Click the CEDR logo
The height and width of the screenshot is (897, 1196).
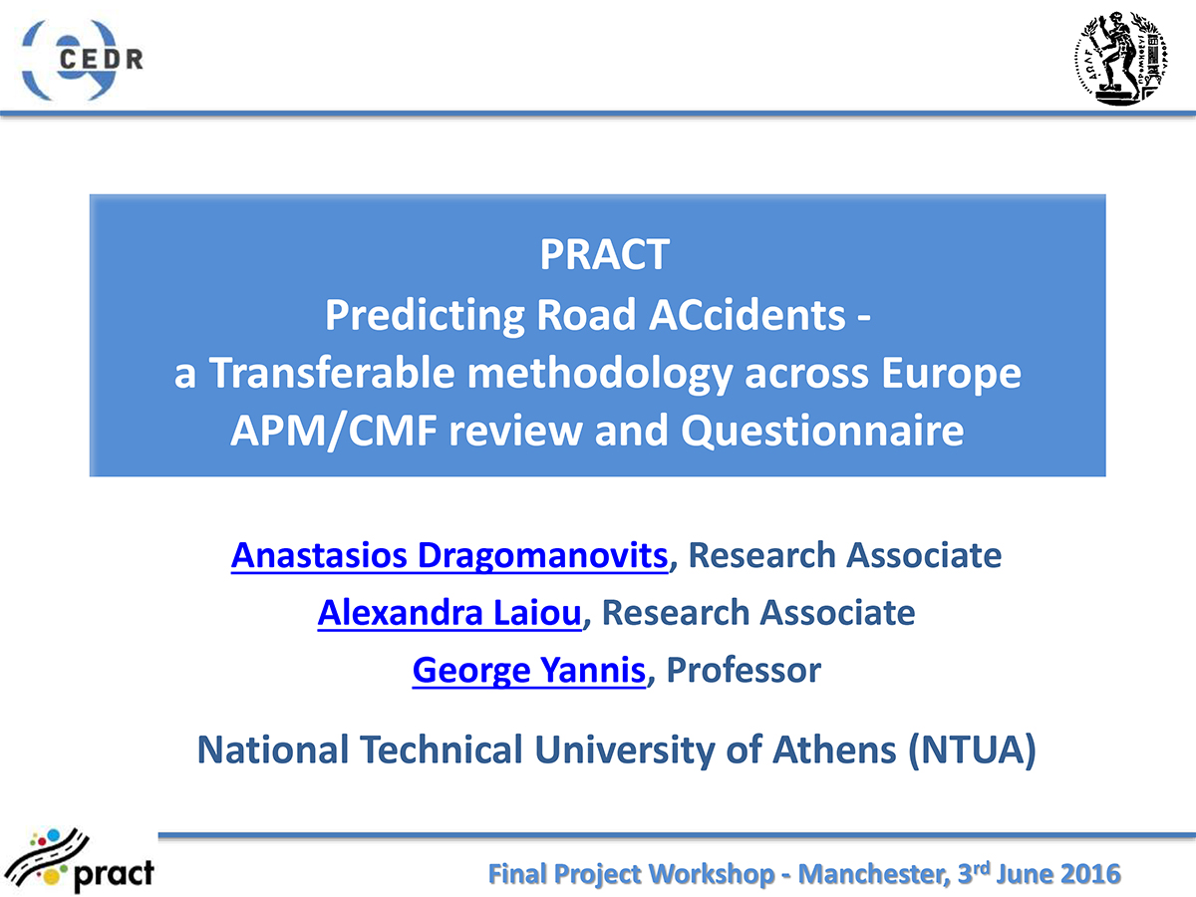pos(82,60)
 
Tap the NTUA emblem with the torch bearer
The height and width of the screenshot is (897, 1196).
pos(1121,58)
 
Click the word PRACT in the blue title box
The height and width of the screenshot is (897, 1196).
pos(604,254)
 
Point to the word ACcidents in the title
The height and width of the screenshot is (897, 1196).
pos(747,315)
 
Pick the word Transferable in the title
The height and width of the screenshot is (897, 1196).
pos(332,373)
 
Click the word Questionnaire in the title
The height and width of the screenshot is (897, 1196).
pos(822,431)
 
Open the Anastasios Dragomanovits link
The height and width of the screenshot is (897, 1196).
pos(449,555)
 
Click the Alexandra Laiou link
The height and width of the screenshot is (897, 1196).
pos(449,613)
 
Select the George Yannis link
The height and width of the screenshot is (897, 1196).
pos(529,671)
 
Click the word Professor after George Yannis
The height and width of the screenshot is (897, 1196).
pos(744,670)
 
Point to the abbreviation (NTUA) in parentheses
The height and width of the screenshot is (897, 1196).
pos(972,750)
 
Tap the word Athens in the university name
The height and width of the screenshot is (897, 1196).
pos(834,749)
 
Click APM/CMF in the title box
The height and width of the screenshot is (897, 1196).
pos(334,432)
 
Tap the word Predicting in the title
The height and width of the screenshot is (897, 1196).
pos(425,316)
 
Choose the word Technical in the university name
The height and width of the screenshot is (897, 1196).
pos(442,749)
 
